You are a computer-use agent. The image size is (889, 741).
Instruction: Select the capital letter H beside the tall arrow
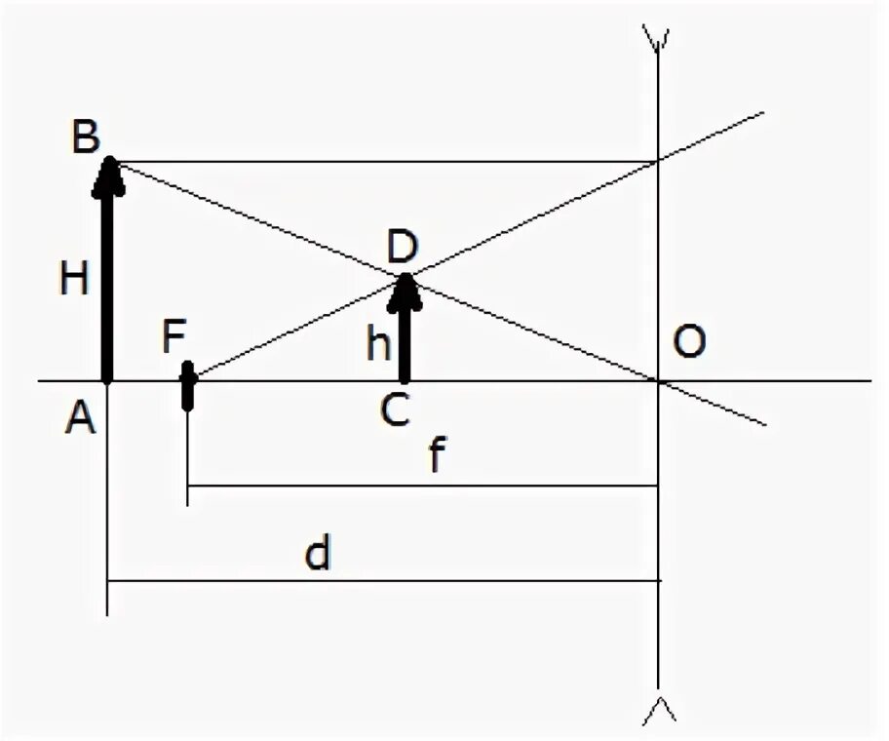tap(73, 280)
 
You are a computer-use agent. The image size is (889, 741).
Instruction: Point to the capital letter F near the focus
tap(174, 341)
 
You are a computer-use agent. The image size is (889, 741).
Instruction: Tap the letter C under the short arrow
tap(395, 412)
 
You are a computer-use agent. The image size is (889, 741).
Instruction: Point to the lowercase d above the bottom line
tap(318, 554)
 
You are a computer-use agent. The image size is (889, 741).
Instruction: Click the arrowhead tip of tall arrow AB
tap(109, 160)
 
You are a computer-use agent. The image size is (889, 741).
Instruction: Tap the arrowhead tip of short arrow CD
tap(406, 277)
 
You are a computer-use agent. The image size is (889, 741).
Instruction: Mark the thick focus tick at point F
tap(188, 386)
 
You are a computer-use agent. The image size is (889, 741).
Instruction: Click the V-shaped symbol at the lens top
tap(658, 36)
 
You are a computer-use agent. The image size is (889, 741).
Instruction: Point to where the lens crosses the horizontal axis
tap(659, 380)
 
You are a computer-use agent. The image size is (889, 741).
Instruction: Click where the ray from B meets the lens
tap(659, 161)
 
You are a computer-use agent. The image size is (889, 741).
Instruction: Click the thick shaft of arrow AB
tap(107, 283)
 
